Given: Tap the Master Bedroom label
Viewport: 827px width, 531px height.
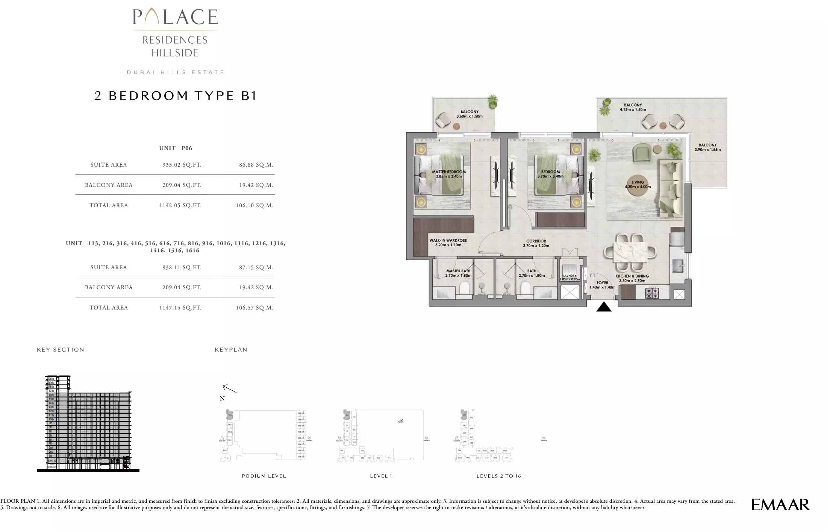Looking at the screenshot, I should click(x=449, y=174).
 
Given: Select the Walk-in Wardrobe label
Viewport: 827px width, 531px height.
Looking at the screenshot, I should click(x=448, y=243).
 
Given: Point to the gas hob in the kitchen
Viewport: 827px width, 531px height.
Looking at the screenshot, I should click(x=652, y=293).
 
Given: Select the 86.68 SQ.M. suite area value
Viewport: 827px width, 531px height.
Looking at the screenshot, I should click(x=256, y=165).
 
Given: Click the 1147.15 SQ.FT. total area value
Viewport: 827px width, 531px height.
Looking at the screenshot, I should click(x=180, y=308).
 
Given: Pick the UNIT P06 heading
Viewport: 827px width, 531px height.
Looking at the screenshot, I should click(x=176, y=148).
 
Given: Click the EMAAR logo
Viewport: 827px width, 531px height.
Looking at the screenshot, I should click(x=780, y=505).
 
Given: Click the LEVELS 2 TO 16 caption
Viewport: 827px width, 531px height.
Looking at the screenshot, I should click(x=498, y=476).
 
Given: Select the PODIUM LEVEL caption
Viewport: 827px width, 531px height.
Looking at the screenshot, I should click(x=264, y=476).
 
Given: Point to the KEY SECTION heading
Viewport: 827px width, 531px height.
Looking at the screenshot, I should click(x=61, y=350).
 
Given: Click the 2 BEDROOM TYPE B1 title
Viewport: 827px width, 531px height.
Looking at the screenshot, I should click(x=176, y=96).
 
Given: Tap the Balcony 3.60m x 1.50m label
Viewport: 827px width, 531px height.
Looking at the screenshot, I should click(x=470, y=114).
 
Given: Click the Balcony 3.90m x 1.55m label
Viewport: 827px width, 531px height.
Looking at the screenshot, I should click(x=707, y=147).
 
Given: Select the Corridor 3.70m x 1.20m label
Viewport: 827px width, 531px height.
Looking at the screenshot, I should click(x=536, y=243).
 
